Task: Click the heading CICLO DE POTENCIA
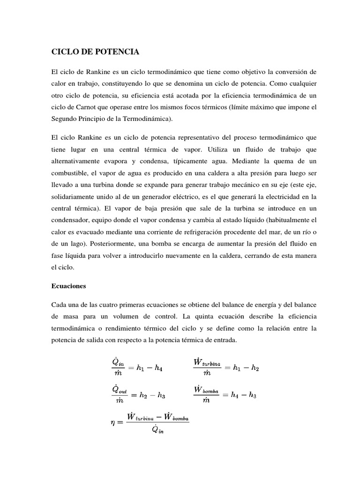[95, 52]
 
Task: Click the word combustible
[71, 172]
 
